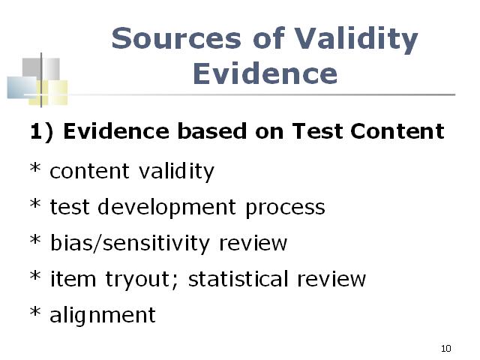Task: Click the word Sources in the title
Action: click(176, 38)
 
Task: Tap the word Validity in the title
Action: click(355, 40)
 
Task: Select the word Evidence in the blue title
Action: click(265, 73)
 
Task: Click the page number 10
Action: click(446, 348)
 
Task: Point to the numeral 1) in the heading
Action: click(42, 132)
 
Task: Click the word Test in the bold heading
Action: click(317, 131)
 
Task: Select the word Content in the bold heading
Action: click(397, 131)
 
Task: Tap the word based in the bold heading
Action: click(211, 131)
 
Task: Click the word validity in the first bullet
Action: click(176, 172)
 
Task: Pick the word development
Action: click(166, 208)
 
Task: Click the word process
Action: click(285, 208)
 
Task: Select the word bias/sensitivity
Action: click(130, 244)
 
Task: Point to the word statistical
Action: click(238, 278)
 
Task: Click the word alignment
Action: click(103, 316)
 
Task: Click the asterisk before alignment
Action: click(35, 311)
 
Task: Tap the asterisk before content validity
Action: click(35, 167)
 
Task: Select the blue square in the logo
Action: click(22, 88)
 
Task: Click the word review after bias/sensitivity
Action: click(253, 244)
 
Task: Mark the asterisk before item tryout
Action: click(35, 275)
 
